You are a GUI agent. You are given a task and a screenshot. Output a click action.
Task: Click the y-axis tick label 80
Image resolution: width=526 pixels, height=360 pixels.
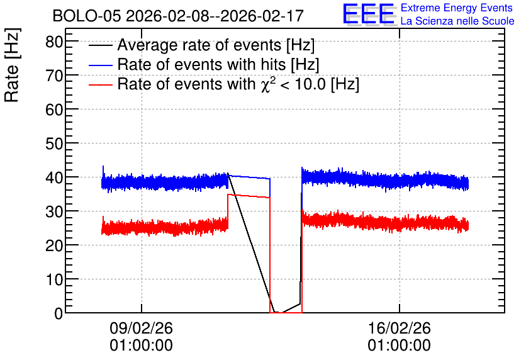54,42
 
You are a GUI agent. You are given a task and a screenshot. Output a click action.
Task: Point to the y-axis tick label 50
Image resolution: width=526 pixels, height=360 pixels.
54,144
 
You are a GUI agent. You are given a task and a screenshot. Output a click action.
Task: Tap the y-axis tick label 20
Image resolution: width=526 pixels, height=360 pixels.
54,246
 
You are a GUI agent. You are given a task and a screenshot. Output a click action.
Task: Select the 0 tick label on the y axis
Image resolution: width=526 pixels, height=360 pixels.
59,313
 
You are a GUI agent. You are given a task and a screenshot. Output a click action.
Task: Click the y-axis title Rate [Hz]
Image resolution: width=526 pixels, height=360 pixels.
12,65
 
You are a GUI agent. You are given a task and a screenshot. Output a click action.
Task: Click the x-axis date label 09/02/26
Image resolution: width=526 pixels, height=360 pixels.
141,328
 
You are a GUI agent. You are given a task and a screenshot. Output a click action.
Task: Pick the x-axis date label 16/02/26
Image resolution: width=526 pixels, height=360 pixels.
399,328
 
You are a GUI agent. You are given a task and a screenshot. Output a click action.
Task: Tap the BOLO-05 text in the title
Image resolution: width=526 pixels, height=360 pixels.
87,16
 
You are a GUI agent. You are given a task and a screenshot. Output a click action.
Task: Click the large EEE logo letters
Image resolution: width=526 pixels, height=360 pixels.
369,14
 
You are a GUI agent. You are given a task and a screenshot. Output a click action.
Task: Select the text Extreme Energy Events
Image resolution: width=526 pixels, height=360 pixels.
457,8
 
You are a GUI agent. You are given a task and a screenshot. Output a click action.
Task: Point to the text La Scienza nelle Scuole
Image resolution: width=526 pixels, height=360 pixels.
457,21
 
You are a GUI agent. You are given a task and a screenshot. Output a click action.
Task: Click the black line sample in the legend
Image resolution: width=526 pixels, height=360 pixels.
100,45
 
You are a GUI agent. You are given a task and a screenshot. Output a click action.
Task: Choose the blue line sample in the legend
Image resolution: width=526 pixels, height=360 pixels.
100,65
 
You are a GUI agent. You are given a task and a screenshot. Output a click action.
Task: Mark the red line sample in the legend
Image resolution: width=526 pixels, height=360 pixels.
100,84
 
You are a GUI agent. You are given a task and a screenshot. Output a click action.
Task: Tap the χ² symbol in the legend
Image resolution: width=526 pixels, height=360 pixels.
267,84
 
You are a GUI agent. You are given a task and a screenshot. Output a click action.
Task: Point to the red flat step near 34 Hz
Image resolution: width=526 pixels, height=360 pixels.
249,196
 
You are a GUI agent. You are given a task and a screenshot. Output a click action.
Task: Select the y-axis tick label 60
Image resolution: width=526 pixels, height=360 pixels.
54,110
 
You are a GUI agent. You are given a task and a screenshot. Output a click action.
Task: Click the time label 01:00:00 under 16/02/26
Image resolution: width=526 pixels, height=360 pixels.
399,346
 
